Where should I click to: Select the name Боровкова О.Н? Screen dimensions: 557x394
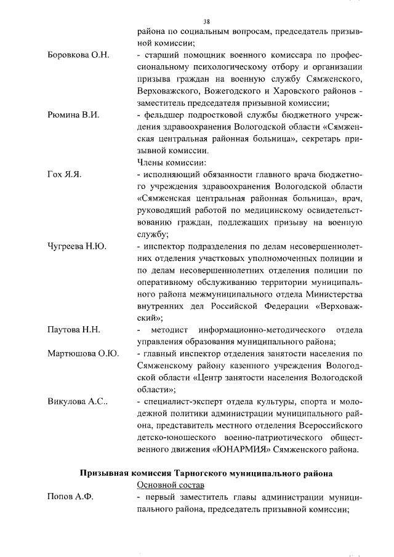pos(78,55)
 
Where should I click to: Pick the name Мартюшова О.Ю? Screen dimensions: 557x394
pos(82,353)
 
